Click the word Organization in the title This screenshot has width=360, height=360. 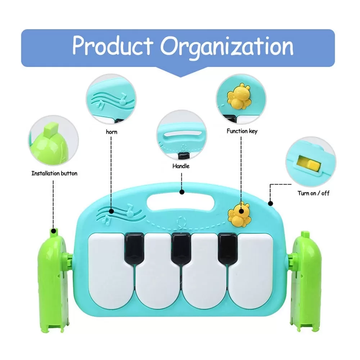227,46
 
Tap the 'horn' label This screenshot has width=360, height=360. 111,132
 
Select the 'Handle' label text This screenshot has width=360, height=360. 181,166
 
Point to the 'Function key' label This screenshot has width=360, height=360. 242,131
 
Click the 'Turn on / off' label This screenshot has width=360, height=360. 313,193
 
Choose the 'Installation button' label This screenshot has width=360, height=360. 54,173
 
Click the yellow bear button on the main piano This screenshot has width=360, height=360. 238,215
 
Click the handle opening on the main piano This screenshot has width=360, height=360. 181,203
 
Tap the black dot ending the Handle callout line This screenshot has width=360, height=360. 182,193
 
